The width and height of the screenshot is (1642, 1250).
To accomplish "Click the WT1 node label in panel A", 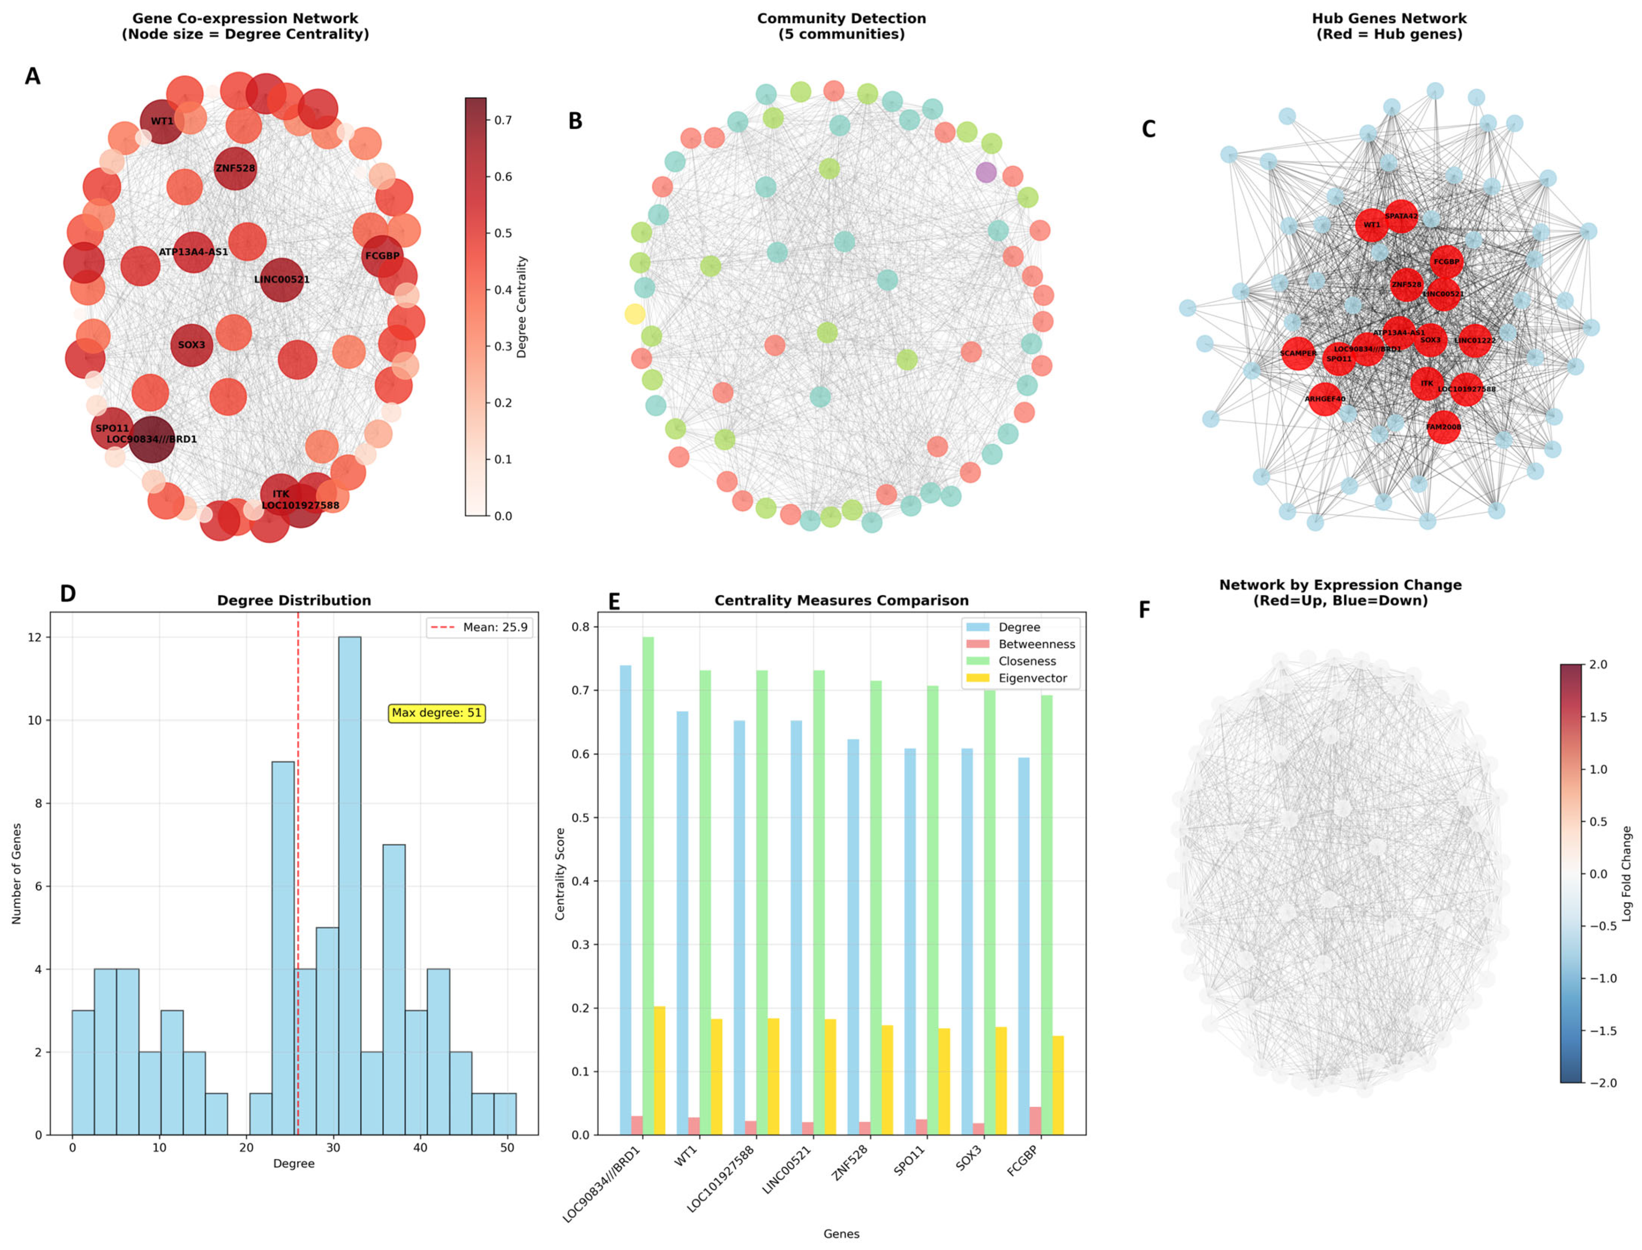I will [x=161, y=121].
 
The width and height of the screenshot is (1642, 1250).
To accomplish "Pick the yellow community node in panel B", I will [x=634, y=314].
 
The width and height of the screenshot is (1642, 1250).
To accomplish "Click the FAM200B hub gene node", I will [x=1443, y=427].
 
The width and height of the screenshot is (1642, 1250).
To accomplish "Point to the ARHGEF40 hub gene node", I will [x=1325, y=399].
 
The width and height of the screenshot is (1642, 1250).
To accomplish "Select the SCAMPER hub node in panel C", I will [x=1298, y=353].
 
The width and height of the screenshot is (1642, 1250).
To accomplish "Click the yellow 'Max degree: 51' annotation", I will [x=437, y=713].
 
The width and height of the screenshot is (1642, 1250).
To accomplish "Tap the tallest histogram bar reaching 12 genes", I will [x=349, y=886].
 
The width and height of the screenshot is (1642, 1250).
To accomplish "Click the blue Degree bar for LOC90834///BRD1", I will [x=625, y=900].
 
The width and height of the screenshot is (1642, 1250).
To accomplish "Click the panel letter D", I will [x=68, y=594].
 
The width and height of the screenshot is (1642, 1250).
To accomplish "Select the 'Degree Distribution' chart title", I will [x=293, y=600].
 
